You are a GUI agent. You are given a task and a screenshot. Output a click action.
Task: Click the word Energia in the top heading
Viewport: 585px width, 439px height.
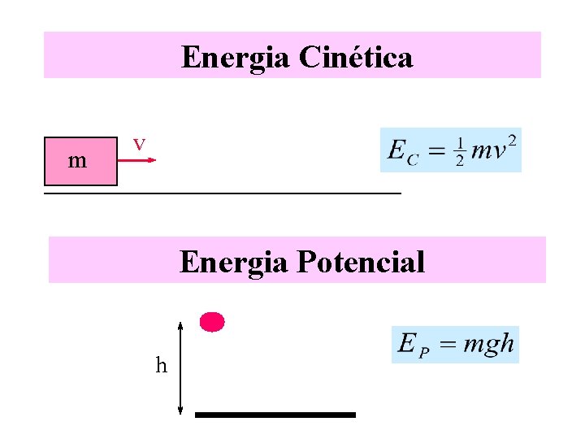tap(236, 57)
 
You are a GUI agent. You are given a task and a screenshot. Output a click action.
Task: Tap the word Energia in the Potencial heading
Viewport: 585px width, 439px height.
tap(234, 262)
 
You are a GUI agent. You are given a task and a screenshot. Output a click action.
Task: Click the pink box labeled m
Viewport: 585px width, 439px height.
tap(80, 161)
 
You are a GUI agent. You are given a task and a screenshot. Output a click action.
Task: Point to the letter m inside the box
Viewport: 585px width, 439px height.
tap(77, 161)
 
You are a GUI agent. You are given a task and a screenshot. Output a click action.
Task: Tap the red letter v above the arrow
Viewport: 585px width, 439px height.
tap(140, 144)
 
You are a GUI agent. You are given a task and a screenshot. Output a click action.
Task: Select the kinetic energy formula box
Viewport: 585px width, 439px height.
tap(450, 150)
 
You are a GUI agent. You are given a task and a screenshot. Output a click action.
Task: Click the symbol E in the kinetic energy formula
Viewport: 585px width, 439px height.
tap(396, 150)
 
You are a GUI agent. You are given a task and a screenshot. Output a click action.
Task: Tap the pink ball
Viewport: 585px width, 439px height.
tap(212, 322)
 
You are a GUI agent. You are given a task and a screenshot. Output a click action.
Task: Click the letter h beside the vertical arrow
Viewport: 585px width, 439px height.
tap(162, 365)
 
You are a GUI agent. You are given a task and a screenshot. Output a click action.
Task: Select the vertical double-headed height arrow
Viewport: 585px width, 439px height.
tap(180, 367)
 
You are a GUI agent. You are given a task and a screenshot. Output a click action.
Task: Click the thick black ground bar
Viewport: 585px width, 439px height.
tap(275, 415)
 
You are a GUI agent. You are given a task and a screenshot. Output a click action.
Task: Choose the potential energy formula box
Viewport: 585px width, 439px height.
tap(455, 345)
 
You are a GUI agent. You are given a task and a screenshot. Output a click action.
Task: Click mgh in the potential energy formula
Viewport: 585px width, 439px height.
tap(488, 344)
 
